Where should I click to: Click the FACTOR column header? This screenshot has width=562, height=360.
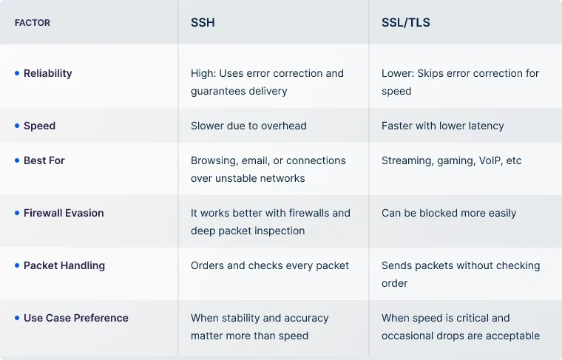pyautogui.click(x=33, y=23)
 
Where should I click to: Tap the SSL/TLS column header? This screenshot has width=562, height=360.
pyautogui.click(x=405, y=22)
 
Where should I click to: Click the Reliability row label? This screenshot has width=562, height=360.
pyautogui.click(x=48, y=73)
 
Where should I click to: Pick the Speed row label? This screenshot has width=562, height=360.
pyautogui.click(x=39, y=126)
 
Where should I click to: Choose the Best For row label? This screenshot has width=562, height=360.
pyautogui.click(x=44, y=160)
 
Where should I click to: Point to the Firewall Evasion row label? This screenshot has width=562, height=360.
pyautogui.click(x=64, y=213)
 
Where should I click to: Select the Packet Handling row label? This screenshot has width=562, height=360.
pyautogui.click(x=64, y=265)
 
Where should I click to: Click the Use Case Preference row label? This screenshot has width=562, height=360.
pyautogui.click(x=76, y=318)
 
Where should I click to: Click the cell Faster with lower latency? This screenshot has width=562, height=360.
pyautogui.click(x=442, y=126)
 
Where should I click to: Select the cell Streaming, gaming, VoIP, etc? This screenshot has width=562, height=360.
pyautogui.click(x=451, y=160)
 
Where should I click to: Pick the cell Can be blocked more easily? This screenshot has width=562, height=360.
pyautogui.click(x=449, y=213)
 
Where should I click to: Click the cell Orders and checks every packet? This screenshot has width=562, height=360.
pyautogui.click(x=270, y=265)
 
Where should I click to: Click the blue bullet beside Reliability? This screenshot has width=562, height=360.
pyautogui.click(x=17, y=73)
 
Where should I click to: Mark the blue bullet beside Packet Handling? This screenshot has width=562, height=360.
pyautogui.click(x=17, y=265)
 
